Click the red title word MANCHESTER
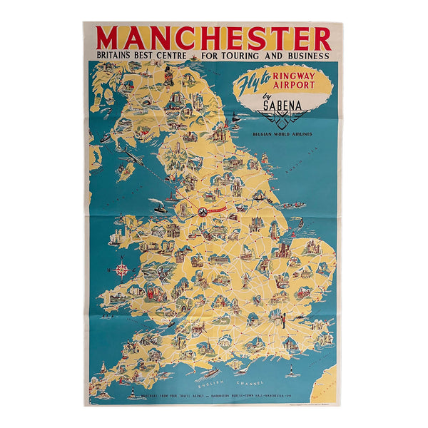pyautogui.click(x=214, y=37)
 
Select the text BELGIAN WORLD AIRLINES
pyautogui.click(x=283, y=133)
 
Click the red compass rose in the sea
pyautogui.click(x=123, y=270)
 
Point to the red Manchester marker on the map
pyautogui.click(x=202, y=212)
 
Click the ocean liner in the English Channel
pyautogui.click(x=209, y=372)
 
